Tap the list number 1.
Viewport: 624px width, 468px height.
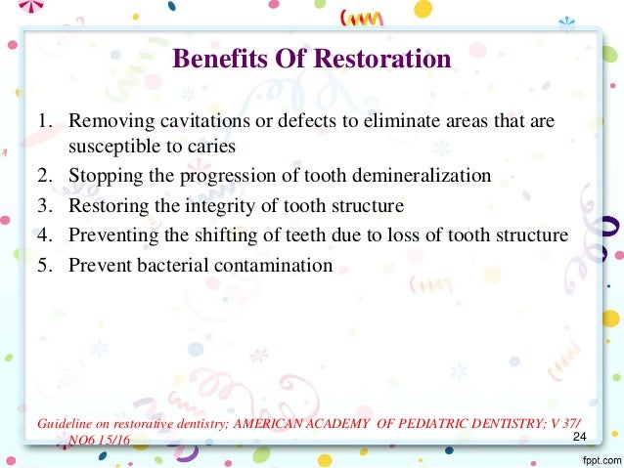pyautogui.click(x=44, y=125)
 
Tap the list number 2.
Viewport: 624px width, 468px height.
pyautogui.click(x=44, y=176)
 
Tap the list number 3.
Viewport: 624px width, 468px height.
pyautogui.click(x=44, y=205)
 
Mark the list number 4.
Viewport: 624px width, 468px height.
pyautogui.click(x=44, y=234)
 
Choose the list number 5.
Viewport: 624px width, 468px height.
pyautogui.click(x=44, y=265)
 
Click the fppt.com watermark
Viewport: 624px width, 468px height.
pyautogui.click(x=598, y=458)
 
